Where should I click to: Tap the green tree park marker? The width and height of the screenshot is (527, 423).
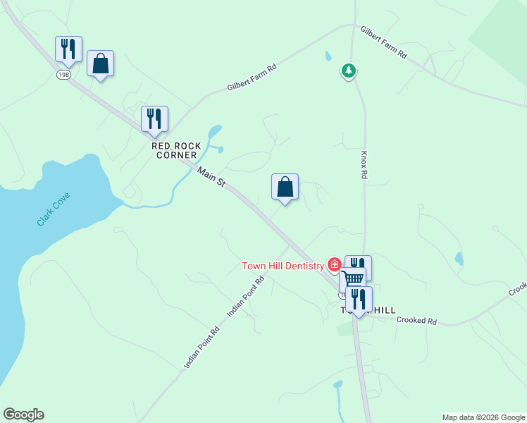coord(348,70)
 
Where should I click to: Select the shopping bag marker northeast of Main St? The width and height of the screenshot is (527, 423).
coord(285,188)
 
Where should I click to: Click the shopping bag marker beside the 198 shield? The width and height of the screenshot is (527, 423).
coord(100,63)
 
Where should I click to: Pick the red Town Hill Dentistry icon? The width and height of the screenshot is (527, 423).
coord(335,266)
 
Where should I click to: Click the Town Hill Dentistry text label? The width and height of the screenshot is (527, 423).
coord(283,266)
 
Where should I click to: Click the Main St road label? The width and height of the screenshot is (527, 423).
coord(211,177)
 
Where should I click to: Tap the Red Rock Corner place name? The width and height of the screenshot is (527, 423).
coord(172,150)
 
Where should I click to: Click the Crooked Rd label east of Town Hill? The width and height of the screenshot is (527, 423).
coord(416,321)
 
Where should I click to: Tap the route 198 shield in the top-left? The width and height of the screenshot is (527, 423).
coord(63,74)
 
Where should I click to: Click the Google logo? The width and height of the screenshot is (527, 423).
coord(23,415)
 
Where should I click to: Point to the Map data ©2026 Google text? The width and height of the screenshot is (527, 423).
coord(483,417)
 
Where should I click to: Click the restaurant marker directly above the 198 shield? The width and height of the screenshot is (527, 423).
coord(68,49)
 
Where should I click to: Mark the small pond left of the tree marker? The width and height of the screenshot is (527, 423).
coord(328,56)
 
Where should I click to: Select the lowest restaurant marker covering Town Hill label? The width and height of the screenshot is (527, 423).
coord(359,299)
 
